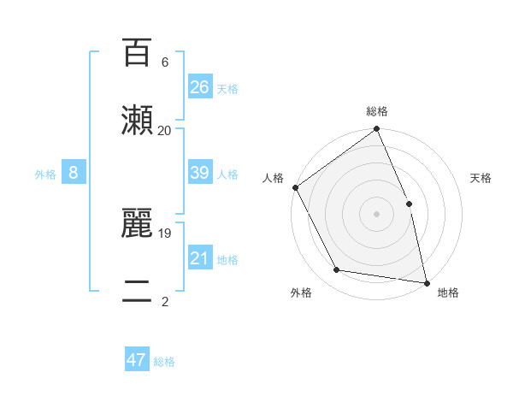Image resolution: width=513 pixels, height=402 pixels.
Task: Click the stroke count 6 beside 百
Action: (x=164, y=62)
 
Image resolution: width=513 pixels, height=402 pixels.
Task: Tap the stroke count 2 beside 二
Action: (x=164, y=301)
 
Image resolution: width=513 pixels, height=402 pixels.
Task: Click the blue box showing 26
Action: (x=200, y=86)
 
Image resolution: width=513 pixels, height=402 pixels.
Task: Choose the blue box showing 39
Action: (x=200, y=173)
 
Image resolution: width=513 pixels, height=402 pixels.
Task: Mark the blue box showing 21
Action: (x=200, y=258)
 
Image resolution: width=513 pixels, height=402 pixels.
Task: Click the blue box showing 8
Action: (x=74, y=173)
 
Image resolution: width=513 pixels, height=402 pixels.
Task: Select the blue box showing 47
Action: (x=137, y=360)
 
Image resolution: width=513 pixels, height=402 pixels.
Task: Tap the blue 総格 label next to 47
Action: (x=164, y=362)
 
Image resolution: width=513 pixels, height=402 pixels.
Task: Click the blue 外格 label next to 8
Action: (x=45, y=174)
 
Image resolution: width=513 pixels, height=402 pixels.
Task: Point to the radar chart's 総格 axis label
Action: (x=377, y=111)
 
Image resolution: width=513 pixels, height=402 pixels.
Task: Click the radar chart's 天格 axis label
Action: (x=481, y=178)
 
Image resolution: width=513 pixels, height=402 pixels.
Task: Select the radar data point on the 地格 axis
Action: (x=427, y=282)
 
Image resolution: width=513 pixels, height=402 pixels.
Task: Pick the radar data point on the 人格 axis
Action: (x=295, y=187)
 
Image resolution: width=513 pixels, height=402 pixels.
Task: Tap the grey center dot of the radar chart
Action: (x=377, y=214)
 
